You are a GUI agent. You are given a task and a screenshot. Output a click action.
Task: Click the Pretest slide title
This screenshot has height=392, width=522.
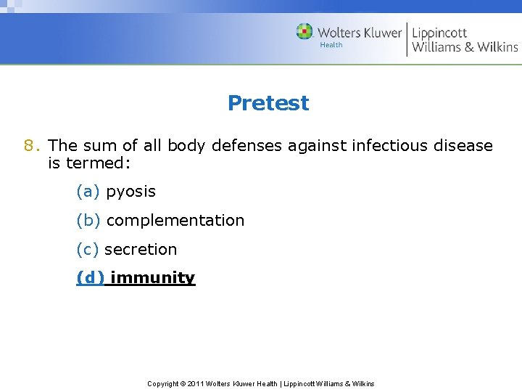(x=268, y=103)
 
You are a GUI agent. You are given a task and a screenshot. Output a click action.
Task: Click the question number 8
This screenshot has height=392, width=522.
(x=30, y=145)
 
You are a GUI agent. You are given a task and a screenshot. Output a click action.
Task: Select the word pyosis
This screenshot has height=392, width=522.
(x=130, y=191)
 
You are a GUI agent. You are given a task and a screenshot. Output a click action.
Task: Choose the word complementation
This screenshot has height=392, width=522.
(x=175, y=220)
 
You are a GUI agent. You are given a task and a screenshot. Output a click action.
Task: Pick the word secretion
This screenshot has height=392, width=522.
(x=141, y=249)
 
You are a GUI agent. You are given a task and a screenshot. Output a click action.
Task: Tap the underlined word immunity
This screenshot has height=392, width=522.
(x=152, y=278)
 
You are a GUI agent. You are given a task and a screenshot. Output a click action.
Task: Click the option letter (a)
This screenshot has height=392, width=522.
(x=88, y=191)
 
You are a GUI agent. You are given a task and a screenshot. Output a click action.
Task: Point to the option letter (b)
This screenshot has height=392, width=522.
(x=88, y=220)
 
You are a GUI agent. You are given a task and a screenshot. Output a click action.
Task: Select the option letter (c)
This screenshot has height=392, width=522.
(x=88, y=249)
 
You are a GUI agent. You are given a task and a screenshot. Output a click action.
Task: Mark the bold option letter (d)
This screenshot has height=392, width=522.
(x=90, y=278)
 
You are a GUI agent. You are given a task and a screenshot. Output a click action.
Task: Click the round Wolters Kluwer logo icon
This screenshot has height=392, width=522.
(x=304, y=32)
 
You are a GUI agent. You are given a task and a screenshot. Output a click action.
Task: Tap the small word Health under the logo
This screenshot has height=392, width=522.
(x=331, y=45)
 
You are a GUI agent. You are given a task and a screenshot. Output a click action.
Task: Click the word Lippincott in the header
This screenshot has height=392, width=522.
(x=439, y=32)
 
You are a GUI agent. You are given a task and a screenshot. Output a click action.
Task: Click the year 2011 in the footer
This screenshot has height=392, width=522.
(x=196, y=383)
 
